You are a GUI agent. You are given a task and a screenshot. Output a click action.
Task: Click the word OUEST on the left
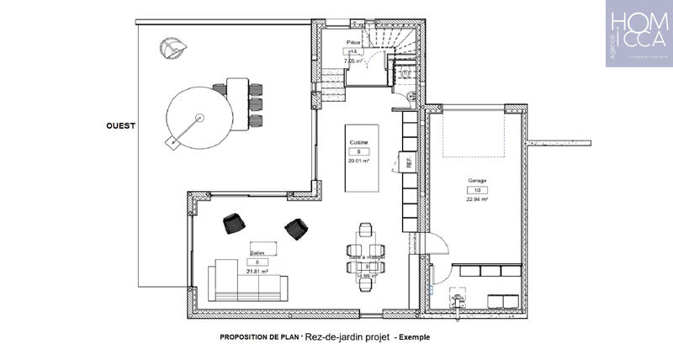pos(121,125)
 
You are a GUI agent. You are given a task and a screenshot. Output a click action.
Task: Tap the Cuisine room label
pos(359,143)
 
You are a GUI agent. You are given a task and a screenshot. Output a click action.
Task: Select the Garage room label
pos(478,181)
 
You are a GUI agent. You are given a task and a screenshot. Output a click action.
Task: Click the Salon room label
pos(257,252)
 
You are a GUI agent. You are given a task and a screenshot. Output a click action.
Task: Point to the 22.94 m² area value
pos(478,201)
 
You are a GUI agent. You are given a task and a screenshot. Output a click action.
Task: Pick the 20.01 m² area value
pos(360,160)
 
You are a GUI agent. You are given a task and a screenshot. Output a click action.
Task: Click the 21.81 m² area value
pos(257,272)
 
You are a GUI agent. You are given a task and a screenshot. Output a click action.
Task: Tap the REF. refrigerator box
pos(410,161)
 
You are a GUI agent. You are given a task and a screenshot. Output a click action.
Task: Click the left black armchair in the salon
pos(234,223)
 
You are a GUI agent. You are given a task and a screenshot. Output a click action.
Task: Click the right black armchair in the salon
pos(296,228)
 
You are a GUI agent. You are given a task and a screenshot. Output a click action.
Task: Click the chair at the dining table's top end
pos(365,229)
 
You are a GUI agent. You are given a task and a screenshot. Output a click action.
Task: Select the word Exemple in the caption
pos(414,336)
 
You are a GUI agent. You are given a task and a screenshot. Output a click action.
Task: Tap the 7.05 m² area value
pos(352,61)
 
